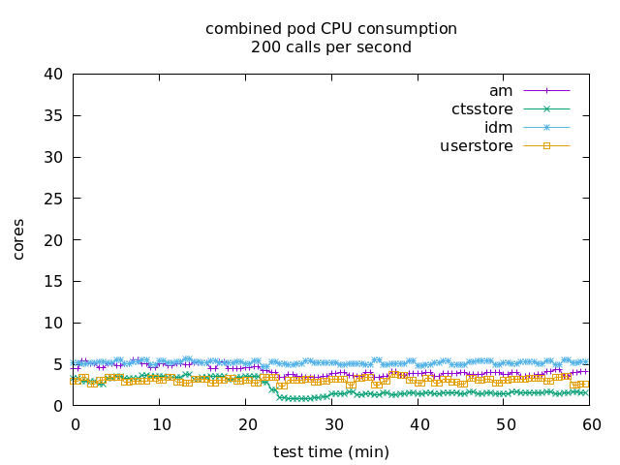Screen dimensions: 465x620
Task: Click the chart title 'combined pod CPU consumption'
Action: point(331,29)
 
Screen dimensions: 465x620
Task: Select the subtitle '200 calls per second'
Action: point(331,46)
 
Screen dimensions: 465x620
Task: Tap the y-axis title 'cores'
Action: point(18,240)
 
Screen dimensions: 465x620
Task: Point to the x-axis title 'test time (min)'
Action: point(331,451)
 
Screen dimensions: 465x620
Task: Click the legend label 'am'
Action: point(501,91)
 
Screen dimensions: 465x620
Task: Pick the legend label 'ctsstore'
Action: point(482,109)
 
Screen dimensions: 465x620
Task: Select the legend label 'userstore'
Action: point(477,146)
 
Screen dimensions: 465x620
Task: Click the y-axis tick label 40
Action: point(54,75)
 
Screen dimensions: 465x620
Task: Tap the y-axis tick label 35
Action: point(54,116)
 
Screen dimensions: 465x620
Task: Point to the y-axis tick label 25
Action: point(54,199)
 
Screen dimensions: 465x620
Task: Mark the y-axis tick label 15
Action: point(54,282)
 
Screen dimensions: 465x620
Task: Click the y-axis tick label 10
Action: point(54,324)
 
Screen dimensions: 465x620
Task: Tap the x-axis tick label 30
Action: point(333,424)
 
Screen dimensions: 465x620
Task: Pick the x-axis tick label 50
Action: point(506,424)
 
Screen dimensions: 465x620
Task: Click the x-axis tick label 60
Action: point(591,424)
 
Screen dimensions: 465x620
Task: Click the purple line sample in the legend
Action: point(546,91)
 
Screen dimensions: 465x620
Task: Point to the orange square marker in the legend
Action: point(546,146)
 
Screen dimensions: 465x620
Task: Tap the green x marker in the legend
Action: point(546,109)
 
